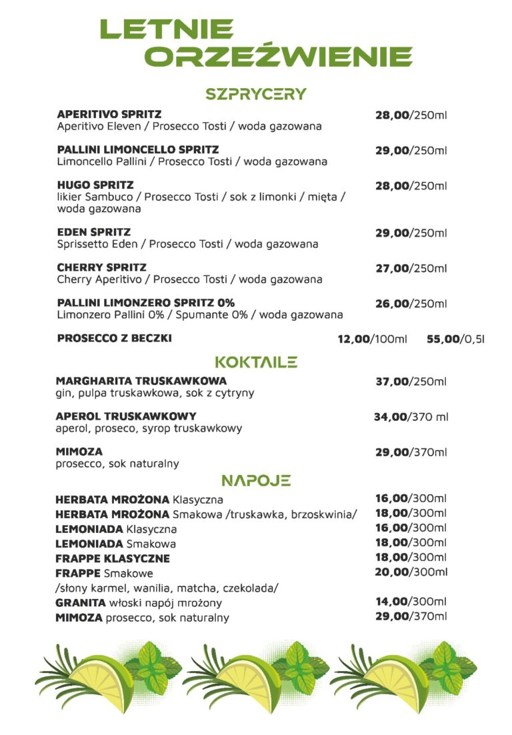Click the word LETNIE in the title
pyautogui.click(x=167, y=29)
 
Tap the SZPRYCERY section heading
pyautogui.click(x=256, y=94)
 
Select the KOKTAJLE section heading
pyautogui.click(x=256, y=362)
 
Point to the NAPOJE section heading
pyautogui.click(x=256, y=480)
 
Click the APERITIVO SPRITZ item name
pyautogui.click(x=109, y=115)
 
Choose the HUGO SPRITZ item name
pyautogui.click(x=95, y=185)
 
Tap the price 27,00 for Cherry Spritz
pyautogui.click(x=391, y=268)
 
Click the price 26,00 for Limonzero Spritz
pyautogui.click(x=391, y=303)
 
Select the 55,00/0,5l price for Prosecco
pyautogui.click(x=455, y=339)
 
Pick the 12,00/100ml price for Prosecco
pyautogui.click(x=372, y=339)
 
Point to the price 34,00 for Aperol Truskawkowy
pyautogui.click(x=390, y=417)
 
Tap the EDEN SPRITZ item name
pyautogui.click(x=94, y=232)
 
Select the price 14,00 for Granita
pyautogui.click(x=391, y=601)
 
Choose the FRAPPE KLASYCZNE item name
pyautogui.click(x=113, y=558)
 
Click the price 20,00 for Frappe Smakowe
pyautogui.click(x=391, y=572)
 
